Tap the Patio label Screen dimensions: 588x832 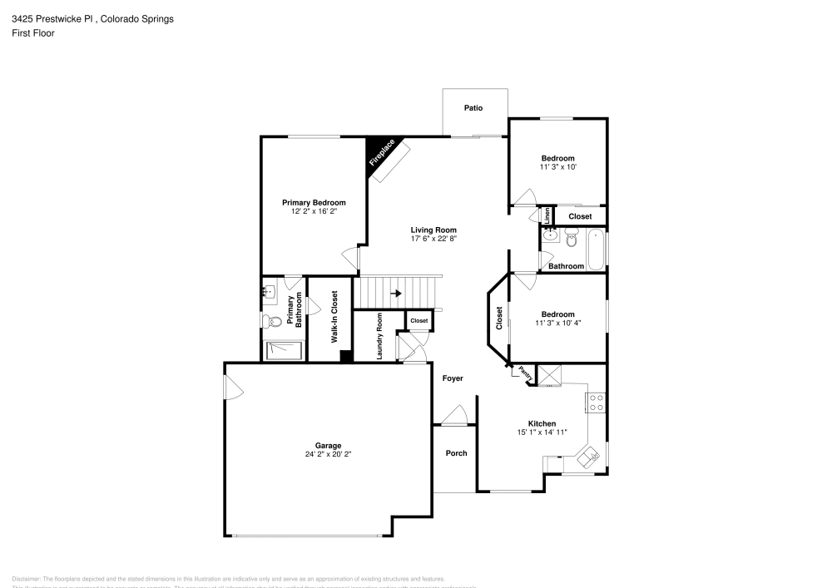click(x=473, y=108)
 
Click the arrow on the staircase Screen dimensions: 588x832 click(x=396, y=294)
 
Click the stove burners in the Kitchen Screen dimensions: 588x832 click(x=597, y=403)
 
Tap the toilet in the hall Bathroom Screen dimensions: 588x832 click(x=572, y=240)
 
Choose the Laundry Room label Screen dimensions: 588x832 click(x=379, y=335)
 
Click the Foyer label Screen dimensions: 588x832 click(x=453, y=378)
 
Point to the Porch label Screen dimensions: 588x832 click(x=456, y=453)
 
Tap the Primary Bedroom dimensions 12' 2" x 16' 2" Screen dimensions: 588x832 click(x=314, y=211)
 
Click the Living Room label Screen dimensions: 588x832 click(x=433, y=230)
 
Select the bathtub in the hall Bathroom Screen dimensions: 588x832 click(x=597, y=250)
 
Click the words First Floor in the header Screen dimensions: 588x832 click(x=33, y=33)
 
